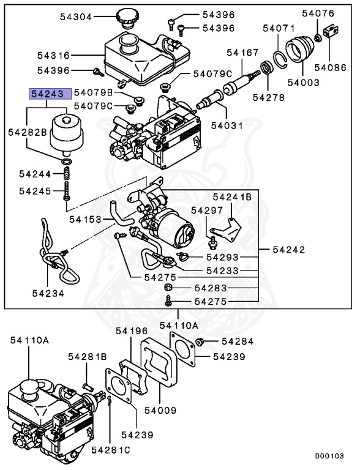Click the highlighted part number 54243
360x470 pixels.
coord(48,94)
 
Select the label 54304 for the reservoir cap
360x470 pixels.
coord(77,17)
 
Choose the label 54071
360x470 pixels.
coord(279,28)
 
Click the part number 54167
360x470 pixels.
coord(242,53)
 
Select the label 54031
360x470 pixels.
coord(227,125)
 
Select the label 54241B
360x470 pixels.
coord(232,197)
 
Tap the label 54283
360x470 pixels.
coord(211,288)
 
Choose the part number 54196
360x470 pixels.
coord(133,331)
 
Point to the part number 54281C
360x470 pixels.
coord(111,450)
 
